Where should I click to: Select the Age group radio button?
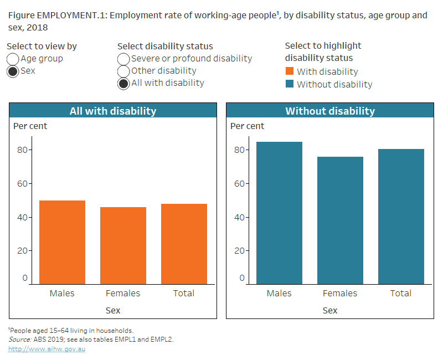point(13,59)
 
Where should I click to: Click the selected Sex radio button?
point(13,71)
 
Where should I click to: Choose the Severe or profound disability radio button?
point(123,59)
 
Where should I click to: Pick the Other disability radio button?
point(123,71)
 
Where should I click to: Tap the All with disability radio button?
point(123,84)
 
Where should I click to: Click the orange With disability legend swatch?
point(290,71)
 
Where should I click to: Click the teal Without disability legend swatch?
point(290,84)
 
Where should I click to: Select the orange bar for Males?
point(62,242)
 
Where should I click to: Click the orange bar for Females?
point(123,245)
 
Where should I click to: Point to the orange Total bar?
point(184,244)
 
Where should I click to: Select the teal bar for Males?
point(279,213)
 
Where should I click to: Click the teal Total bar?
point(401,216)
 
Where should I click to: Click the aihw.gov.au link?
point(47,349)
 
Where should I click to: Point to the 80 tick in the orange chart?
point(22,150)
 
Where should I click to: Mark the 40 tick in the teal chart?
point(239,217)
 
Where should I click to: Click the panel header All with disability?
point(113,111)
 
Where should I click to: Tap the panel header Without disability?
point(330,111)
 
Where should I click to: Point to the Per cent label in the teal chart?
point(247,126)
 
